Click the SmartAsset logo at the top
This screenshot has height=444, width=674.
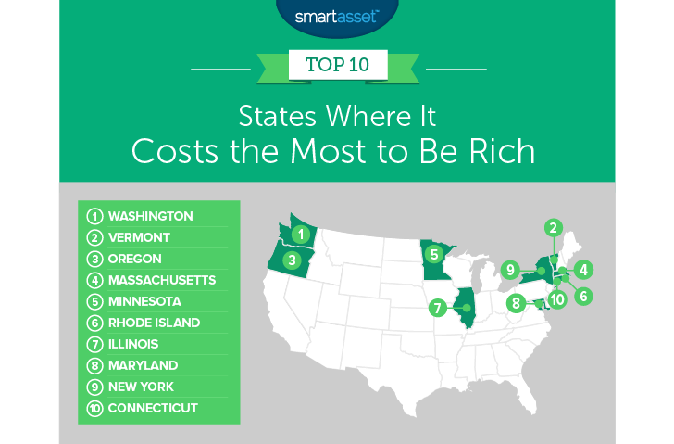336,16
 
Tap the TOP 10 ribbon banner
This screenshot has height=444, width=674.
337,68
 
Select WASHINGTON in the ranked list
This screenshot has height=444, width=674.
150,216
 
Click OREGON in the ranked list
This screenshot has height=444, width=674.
135,259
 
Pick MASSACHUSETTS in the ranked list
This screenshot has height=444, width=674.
162,280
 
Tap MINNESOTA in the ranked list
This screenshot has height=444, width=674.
144,301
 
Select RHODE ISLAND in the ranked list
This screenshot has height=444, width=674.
154,323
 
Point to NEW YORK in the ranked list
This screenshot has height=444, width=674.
141,387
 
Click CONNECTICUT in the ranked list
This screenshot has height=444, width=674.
153,408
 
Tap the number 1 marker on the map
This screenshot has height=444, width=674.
300,234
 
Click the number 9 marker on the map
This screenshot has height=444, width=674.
509,270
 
